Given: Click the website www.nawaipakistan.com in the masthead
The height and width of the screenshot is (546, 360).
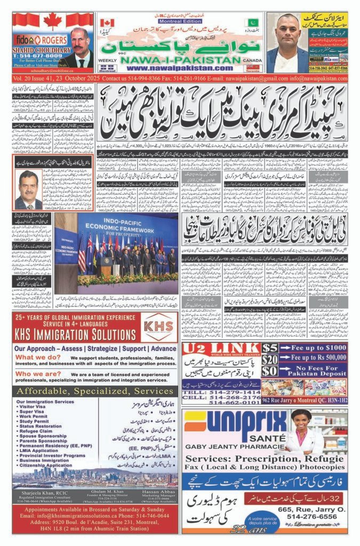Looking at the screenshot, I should (173, 68).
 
